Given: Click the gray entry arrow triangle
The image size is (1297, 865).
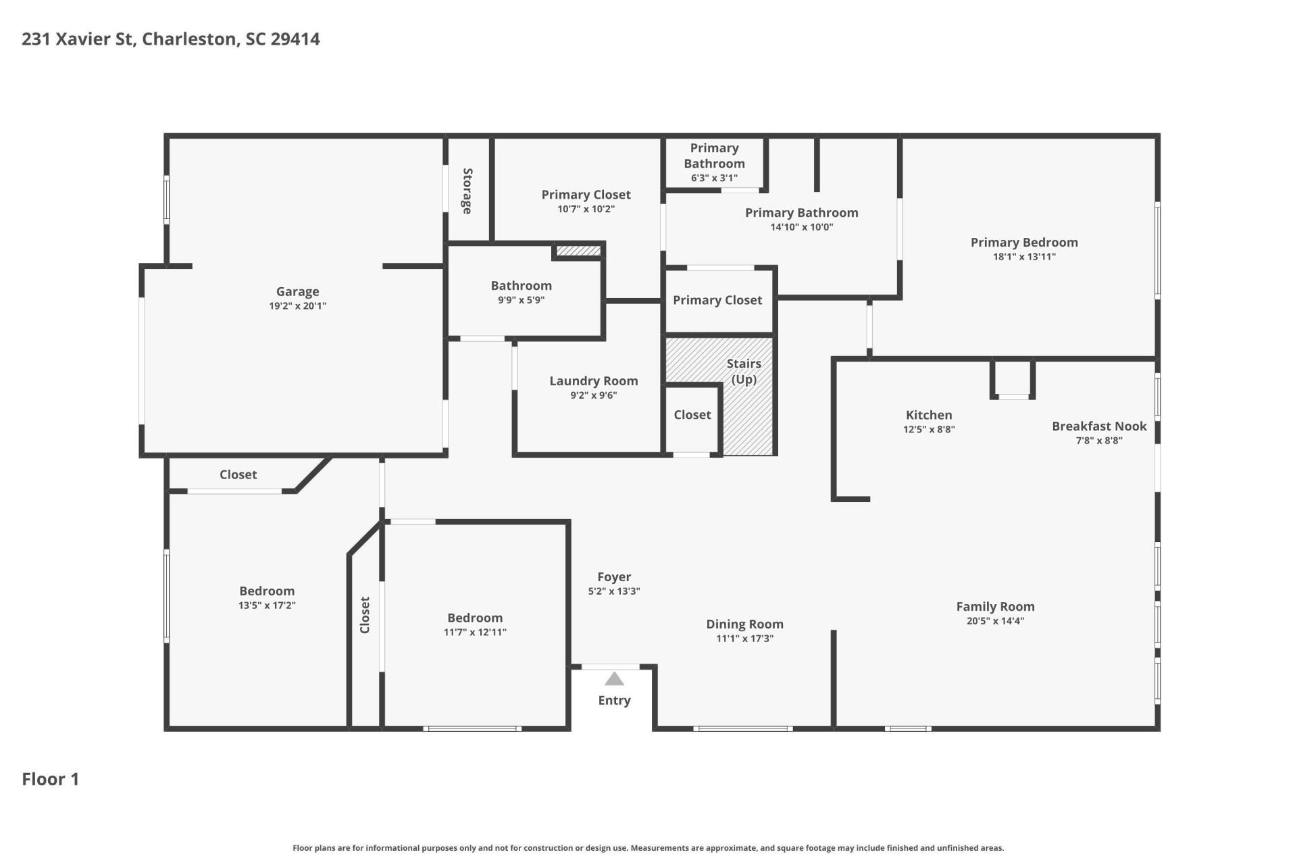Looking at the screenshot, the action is pos(614,678).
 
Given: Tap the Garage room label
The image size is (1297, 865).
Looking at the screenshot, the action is pos(298,291).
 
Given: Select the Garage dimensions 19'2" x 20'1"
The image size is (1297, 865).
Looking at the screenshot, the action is pos(298,306).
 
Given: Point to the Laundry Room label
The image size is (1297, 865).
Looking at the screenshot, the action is pos(594,380).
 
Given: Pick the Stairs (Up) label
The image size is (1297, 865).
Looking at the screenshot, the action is pos(744,371).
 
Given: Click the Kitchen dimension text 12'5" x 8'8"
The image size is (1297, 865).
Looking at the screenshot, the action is pos(929,429).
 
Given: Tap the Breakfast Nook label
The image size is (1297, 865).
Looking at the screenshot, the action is pos(1099,426).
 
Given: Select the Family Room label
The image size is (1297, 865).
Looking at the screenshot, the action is pos(995,606).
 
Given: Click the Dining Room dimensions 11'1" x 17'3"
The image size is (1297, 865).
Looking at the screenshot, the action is pos(744,639).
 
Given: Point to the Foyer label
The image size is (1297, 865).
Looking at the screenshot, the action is pos(614,576).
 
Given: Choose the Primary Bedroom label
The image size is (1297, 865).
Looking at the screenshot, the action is pos(1024,242).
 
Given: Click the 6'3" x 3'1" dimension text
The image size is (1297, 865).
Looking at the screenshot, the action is pos(714,178).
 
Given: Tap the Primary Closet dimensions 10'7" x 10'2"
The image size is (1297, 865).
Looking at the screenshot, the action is pos(586,209).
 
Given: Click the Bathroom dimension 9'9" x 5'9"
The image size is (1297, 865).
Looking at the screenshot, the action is pos(521,300).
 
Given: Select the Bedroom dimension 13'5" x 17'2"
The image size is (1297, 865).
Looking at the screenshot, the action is pos(267,605).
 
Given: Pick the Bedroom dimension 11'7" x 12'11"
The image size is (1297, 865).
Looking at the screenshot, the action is pos(475,633).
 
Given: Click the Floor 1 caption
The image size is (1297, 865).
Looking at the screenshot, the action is pos(51,779).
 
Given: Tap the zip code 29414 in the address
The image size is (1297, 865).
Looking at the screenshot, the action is pos(295,39).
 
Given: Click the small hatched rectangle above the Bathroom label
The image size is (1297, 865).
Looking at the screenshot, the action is pos(578,251).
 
